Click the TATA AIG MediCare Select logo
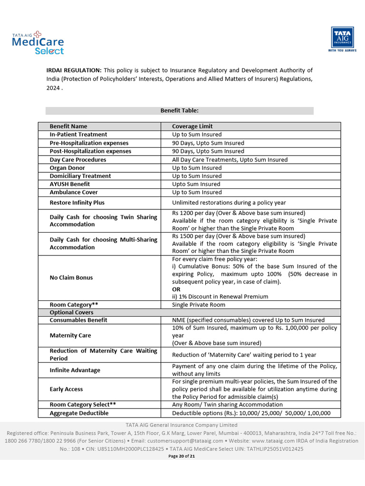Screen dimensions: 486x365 click(x=38, y=43)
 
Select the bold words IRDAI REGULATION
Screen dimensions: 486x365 click(x=74, y=70)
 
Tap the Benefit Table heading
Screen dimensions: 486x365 click(x=179, y=111)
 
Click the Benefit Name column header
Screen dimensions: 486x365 click(x=68, y=126)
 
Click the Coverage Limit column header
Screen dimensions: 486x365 click(x=192, y=126)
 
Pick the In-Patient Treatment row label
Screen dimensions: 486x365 click(x=78, y=135)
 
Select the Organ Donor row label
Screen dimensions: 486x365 click(x=67, y=168)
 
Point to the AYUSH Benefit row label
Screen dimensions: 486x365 click(x=70, y=184)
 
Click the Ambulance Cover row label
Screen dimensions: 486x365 click(x=74, y=192)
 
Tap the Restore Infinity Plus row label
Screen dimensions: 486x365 click(x=77, y=203)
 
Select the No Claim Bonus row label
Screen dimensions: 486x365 click(x=71, y=278)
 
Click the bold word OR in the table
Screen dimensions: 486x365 click(x=176, y=289)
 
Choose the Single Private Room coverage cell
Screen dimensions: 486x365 click(x=199, y=305)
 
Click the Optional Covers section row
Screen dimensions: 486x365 click(x=72, y=313)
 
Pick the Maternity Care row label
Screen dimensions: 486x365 click(x=70, y=336)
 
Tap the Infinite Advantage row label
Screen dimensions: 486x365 click(x=75, y=370)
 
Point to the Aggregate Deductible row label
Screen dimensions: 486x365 click(x=79, y=413)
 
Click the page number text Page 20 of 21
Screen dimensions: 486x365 click(x=182, y=456)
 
